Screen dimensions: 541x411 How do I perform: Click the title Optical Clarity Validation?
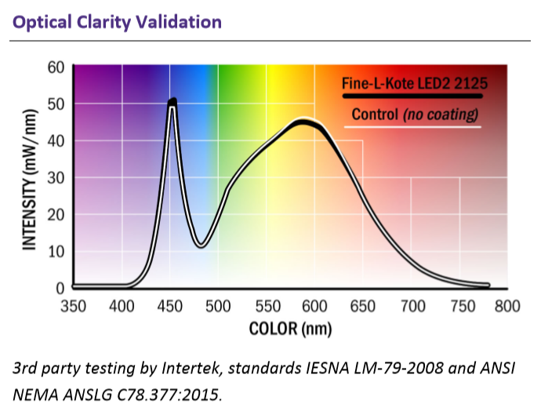tap(117, 23)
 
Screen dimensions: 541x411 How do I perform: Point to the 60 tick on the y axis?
tap(56, 67)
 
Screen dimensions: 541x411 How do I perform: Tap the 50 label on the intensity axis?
tap(56, 104)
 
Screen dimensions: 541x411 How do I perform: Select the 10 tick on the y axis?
tap(56, 252)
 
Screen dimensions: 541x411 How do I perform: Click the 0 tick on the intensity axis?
tap(60, 288)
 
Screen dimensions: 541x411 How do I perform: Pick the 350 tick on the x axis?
tap(73, 306)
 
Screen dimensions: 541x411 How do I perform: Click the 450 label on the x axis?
tap(170, 306)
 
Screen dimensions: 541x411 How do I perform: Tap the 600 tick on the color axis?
tap(314, 306)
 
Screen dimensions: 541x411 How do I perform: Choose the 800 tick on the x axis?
tap(507, 306)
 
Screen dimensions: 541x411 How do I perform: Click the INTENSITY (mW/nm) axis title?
tap(30, 180)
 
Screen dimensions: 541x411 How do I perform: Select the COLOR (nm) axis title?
tap(290, 329)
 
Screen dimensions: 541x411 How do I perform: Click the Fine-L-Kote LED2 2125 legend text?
tap(415, 83)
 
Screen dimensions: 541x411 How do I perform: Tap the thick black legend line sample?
tap(412, 96)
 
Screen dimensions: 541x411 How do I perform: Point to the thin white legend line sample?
tap(412, 127)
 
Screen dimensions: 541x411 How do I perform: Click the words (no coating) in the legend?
tap(441, 115)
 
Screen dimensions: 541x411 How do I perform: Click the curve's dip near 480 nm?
tap(202, 246)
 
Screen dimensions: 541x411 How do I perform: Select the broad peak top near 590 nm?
tap(303, 121)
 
